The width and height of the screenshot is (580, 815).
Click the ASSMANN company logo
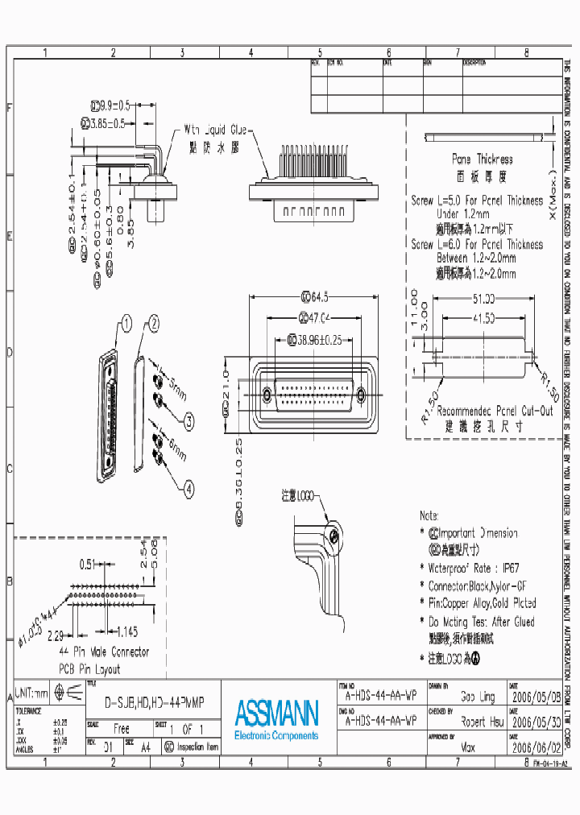coord(276,714)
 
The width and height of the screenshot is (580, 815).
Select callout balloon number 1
coord(125,325)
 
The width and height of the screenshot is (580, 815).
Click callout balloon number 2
coord(153,325)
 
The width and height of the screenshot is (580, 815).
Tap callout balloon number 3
coord(188,421)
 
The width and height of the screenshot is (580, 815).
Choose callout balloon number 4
coord(188,488)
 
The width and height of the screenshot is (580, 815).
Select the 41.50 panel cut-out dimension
coord(483,317)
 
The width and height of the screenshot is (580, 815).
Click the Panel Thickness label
coord(482,159)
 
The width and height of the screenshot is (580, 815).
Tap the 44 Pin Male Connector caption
coord(104,652)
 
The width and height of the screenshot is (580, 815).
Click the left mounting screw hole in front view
coord(267,395)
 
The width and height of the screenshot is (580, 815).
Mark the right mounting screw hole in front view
coord(361,395)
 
